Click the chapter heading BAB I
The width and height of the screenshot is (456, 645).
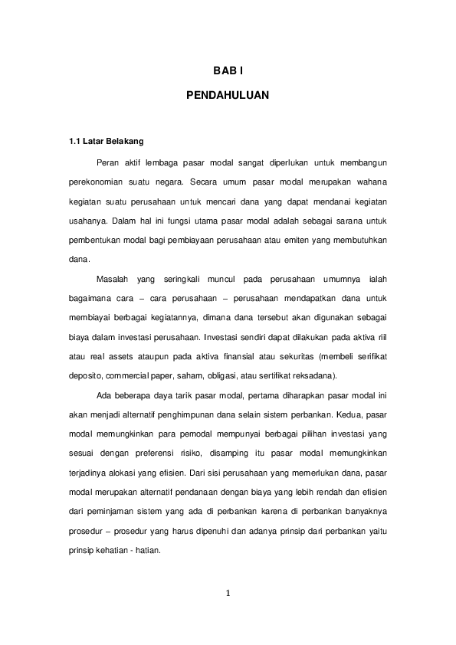point(228,71)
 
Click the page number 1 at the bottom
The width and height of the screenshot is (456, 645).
point(228,592)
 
